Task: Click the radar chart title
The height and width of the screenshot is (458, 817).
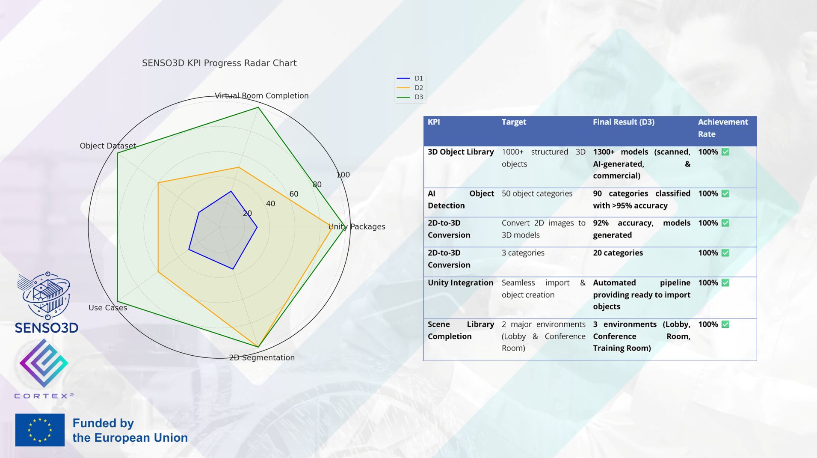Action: coord(219,63)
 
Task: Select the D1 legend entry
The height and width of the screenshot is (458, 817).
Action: coord(410,78)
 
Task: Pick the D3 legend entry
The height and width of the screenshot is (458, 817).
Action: coord(410,97)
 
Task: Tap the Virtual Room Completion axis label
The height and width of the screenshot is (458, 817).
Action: coord(261,95)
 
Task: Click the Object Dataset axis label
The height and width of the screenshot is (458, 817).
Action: coord(108,146)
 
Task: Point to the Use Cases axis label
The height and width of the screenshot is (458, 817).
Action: coord(108,307)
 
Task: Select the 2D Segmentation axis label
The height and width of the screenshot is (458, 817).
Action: coord(262,357)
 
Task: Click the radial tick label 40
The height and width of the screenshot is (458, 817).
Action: coord(270,203)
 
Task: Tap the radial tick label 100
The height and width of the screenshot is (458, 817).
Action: coord(343,175)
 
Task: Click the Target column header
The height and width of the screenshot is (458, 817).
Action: coord(514,122)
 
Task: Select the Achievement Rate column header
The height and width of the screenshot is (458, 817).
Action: coord(723,128)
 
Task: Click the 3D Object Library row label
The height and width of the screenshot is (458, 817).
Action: coord(461,152)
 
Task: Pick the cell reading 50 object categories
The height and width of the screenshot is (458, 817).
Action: coord(537,193)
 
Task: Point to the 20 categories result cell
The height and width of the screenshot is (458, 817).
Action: coord(618,253)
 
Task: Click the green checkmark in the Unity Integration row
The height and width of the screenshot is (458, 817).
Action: coord(725,283)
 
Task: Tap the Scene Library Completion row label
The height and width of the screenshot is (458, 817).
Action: coord(461,330)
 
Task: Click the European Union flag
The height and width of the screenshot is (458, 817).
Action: coord(40,430)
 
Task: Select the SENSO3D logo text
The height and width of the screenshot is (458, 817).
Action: coord(47,328)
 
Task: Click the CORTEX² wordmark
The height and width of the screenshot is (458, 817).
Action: coord(44,396)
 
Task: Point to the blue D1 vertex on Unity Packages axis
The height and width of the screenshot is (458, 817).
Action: coord(257,227)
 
